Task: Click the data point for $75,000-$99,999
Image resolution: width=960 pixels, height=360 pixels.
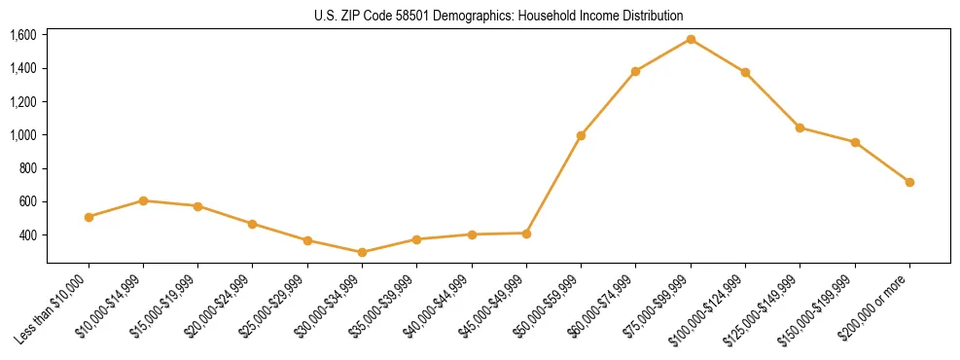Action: pos(691,39)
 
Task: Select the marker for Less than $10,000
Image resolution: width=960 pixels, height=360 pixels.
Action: pos(89,217)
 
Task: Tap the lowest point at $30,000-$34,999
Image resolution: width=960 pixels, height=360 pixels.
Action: pos(362,252)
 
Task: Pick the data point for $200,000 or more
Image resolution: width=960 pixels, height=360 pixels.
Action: pos(909,182)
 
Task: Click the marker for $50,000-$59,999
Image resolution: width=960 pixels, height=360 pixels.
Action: pos(581,135)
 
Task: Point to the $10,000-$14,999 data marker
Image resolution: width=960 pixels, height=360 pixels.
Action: pos(143,200)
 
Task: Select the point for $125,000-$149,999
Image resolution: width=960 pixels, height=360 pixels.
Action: pos(800,127)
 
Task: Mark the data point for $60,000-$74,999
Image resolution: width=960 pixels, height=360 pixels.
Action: pos(635,71)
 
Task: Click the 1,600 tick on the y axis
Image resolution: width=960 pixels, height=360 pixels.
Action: pos(22,35)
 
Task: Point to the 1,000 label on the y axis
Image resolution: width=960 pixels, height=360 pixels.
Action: pos(22,135)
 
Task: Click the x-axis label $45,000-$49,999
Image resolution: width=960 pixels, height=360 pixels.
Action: pos(495,305)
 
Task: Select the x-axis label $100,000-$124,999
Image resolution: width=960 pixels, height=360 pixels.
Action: pos(711,306)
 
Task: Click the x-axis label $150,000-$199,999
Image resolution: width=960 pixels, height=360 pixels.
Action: pos(821,306)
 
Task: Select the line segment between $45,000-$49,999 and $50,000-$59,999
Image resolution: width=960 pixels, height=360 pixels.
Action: pos(553,184)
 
